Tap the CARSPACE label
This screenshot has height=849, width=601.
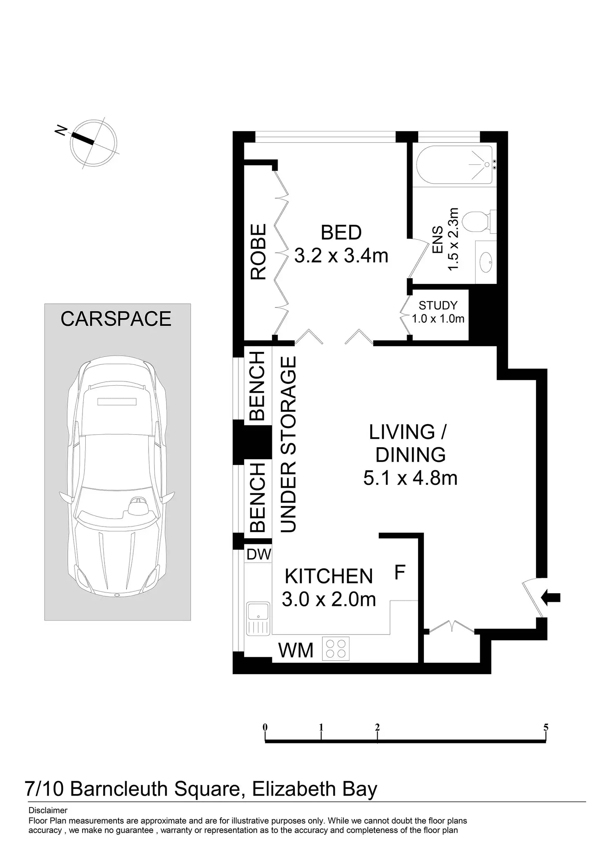116,319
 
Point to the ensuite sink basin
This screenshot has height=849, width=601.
486,262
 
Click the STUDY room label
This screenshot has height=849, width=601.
438,305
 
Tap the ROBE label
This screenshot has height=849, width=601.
258,252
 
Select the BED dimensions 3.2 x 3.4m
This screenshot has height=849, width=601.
341,256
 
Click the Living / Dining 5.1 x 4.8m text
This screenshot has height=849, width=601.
410,455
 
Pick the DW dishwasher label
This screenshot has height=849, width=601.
259,554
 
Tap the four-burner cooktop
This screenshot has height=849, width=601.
336,649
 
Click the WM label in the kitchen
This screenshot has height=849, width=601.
296,650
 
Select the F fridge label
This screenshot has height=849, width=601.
400,572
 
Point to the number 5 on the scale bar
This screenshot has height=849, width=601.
546,727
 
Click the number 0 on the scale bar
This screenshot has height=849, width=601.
265,727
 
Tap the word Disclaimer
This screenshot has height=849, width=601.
48,810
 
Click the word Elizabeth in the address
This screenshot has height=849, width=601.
293,789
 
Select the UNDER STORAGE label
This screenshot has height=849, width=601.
288,444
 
